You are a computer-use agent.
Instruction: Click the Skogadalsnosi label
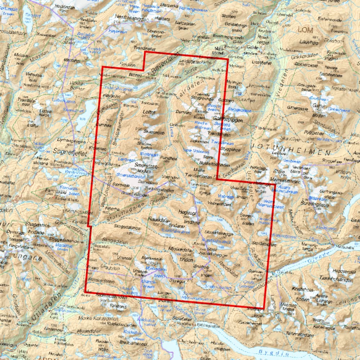pos(127,226)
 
